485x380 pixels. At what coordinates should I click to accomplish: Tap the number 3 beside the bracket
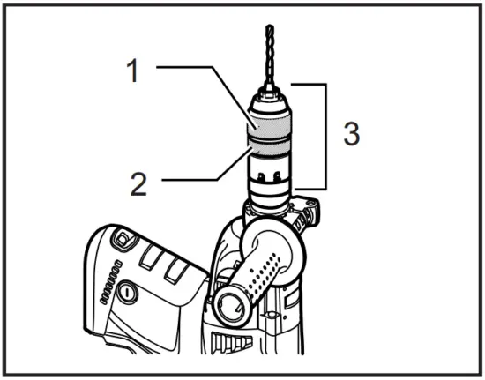[x=351, y=136]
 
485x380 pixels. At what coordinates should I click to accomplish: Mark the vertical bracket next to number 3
[x=326, y=137]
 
